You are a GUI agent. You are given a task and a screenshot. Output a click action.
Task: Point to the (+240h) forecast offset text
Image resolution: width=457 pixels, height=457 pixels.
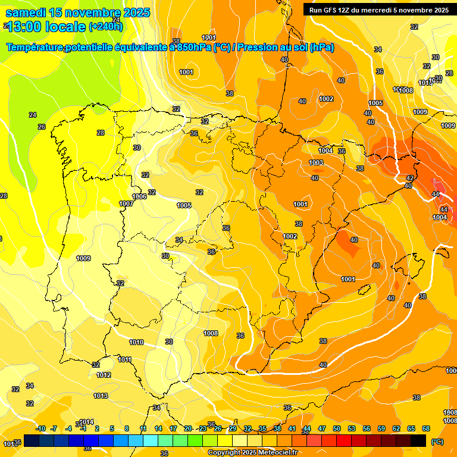pos(105,26)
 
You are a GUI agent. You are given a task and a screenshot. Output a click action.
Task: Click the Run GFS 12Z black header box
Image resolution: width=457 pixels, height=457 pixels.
pos(377,10)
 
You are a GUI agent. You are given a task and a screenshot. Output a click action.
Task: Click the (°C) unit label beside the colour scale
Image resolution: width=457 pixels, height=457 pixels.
pos(437,442)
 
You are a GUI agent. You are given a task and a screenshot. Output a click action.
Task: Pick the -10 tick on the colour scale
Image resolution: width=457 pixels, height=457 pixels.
pos(41,428)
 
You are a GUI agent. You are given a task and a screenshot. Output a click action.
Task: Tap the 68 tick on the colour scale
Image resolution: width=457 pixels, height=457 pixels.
pos(426,428)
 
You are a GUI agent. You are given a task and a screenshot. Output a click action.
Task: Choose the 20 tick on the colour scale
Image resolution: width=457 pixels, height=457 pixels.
pos(188,428)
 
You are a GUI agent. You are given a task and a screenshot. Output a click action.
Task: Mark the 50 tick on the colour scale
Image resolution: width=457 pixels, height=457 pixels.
pos(337,428)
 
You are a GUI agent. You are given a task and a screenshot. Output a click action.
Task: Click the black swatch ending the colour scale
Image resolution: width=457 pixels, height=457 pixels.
pos(418,440)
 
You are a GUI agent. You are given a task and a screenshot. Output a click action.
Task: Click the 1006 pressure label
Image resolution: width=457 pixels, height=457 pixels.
pos(139,196)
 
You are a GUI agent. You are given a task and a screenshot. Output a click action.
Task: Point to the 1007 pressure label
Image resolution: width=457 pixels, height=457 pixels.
pos(126,204)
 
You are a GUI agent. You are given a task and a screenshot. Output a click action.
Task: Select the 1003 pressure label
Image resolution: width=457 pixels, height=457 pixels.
pos(316,162)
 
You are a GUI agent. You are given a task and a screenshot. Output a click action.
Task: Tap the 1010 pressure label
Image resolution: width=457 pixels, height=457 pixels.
pos(136,342)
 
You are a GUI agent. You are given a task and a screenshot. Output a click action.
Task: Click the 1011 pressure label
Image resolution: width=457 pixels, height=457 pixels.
pos(124,359)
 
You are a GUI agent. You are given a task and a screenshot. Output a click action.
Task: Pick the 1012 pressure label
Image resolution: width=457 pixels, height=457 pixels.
pos(104,375)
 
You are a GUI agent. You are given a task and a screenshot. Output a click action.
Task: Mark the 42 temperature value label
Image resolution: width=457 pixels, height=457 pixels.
pos(409,178)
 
